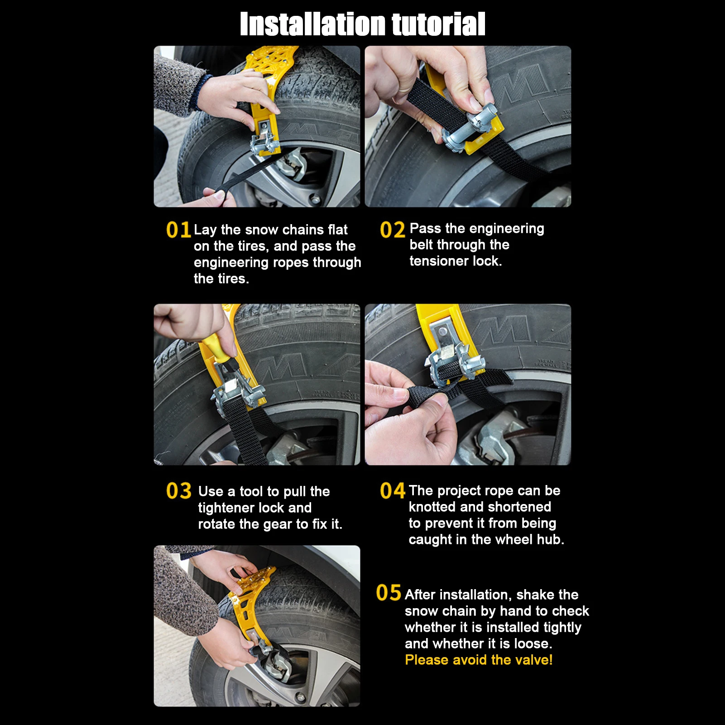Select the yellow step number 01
178,230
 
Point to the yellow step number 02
392,230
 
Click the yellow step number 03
179,491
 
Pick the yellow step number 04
393,491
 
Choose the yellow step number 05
389,593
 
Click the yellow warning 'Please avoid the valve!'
479,660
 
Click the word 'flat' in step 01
337,230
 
